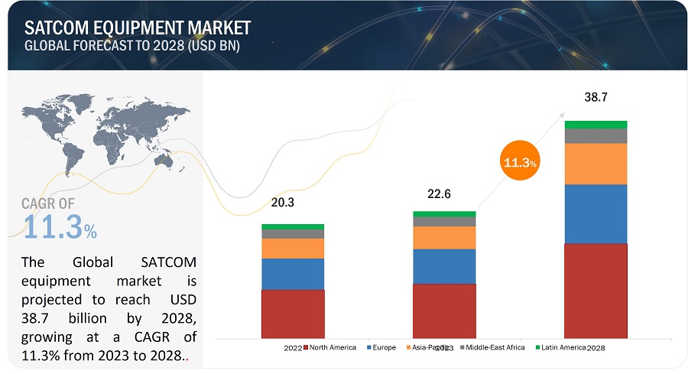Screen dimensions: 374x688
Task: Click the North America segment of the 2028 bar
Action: coord(596,290)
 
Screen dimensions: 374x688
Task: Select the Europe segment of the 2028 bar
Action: coord(596,214)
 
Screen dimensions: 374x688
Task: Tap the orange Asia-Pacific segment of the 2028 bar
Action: coord(596,164)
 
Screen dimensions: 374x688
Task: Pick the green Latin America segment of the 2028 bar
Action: coord(596,125)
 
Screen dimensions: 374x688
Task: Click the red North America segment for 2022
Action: coord(293,313)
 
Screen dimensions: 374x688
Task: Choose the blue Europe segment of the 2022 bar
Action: coord(293,274)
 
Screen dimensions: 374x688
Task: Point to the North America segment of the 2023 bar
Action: coord(444,310)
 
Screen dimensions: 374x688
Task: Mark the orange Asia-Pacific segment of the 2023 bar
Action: coord(444,238)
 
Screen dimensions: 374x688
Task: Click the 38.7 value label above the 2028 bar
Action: coord(596,98)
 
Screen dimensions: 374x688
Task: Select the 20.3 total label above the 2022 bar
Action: coord(283,203)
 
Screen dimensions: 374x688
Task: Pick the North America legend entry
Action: coord(330,348)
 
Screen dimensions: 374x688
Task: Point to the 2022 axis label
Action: coord(293,348)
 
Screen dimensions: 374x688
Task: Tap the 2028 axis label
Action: coord(596,348)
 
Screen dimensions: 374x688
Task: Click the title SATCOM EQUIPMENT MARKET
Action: coord(138,28)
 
